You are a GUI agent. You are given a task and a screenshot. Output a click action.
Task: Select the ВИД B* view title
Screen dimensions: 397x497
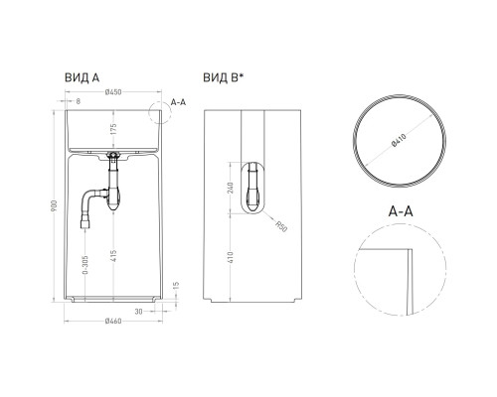[x=225, y=76]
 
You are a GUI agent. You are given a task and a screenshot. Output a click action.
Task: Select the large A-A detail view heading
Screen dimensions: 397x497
[x=403, y=209]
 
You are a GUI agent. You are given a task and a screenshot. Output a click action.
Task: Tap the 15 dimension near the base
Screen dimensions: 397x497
[x=176, y=288]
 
